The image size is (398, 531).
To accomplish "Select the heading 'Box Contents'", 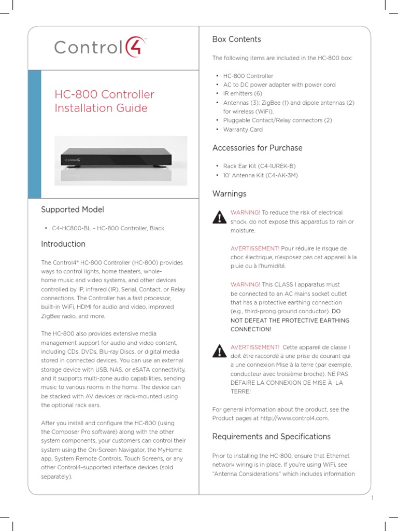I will [x=236, y=39].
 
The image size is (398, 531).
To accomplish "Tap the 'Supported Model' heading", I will [x=73, y=209].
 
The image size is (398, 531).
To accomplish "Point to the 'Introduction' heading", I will [x=63, y=244].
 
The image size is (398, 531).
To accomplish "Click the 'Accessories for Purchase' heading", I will [x=257, y=148].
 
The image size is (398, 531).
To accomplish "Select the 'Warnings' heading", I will [x=229, y=193].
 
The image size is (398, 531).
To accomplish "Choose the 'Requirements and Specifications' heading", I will [x=271, y=436].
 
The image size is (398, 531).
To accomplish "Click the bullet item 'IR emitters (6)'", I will [x=243, y=93].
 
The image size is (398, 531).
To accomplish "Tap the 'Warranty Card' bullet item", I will [x=243, y=130].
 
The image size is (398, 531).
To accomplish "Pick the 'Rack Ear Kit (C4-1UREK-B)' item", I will [x=259, y=166].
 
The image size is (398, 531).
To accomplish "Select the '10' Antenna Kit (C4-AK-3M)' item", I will [x=260, y=175].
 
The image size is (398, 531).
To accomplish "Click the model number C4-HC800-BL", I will [x=73, y=228].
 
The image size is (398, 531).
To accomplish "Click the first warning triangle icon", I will [x=220, y=217].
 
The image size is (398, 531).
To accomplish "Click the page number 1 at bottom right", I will [x=373, y=498].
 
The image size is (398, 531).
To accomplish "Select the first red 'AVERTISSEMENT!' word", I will [x=255, y=248].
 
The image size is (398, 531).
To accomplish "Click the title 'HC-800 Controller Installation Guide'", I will [x=105, y=101].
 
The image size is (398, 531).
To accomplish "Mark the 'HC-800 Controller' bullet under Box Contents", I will [x=248, y=76].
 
